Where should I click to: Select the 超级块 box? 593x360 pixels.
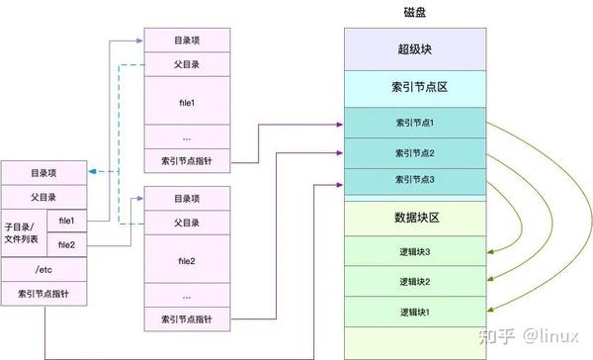click(414, 48)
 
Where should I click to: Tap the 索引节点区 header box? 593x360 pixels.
click(414, 88)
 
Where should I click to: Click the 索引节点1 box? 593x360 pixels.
click(414, 123)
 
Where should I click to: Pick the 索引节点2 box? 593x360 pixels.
click(414, 153)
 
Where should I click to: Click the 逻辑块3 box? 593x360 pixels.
click(414, 251)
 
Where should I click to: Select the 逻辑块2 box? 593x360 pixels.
click(414, 282)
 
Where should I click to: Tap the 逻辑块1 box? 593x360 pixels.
click(414, 313)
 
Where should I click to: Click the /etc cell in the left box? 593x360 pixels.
click(44, 269)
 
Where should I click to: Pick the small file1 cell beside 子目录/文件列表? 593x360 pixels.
click(67, 220)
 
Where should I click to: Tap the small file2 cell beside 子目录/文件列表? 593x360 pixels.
click(67, 244)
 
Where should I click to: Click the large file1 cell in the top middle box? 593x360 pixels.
click(187, 102)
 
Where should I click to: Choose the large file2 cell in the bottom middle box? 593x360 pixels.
click(187, 261)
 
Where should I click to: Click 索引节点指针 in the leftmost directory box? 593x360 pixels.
click(44, 295)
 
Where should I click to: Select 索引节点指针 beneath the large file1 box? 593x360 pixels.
click(187, 160)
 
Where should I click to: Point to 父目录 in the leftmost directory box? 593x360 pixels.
click(44, 196)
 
